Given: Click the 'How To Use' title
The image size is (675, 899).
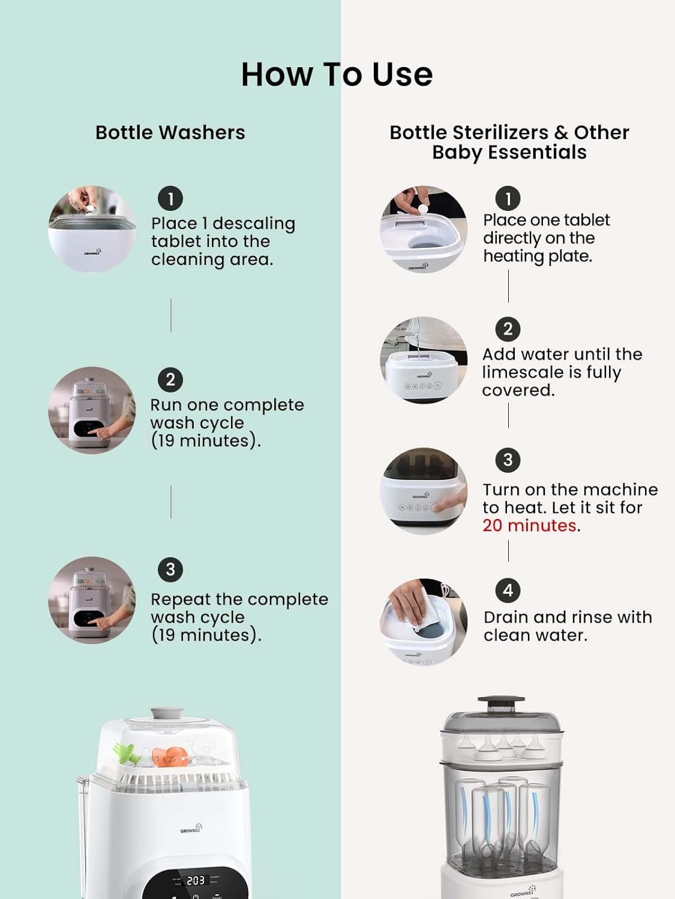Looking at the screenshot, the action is click(337, 74).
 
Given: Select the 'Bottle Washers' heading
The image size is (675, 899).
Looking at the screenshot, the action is click(170, 132).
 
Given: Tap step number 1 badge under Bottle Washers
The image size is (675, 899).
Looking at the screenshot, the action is click(170, 199).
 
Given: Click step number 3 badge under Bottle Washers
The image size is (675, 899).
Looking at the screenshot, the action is click(170, 569).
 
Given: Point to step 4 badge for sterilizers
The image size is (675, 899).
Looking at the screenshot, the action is click(508, 590).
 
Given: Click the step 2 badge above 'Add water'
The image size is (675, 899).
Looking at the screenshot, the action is click(508, 329).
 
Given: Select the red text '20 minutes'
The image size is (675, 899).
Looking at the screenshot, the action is click(529, 526).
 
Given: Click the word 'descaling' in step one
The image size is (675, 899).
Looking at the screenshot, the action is click(254, 224).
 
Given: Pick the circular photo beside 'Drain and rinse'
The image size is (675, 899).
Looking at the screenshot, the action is click(424, 622).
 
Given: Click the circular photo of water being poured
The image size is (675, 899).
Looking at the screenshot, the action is click(424, 360).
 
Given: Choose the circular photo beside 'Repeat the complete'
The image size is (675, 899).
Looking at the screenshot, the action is click(92, 600).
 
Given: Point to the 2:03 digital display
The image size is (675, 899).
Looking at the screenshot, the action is click(196, 880).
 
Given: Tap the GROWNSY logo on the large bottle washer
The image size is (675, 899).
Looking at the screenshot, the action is click(191, 828).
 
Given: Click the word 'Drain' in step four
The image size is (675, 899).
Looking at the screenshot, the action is click(506, 617).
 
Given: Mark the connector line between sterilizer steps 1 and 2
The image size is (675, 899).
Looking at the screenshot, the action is click(509, 286).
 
